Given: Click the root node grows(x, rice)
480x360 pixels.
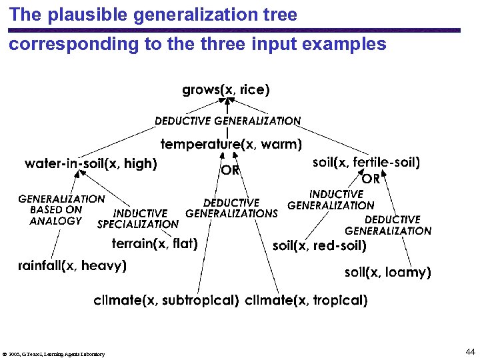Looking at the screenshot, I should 226,89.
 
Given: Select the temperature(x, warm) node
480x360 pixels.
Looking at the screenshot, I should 231,143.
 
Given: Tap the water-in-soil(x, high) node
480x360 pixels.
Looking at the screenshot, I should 91,163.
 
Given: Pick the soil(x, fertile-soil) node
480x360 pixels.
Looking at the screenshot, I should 367,162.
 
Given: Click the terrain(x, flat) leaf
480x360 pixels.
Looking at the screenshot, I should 155,243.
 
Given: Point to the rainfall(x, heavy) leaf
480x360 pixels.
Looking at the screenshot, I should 72,265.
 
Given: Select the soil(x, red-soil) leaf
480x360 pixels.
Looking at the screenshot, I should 319,246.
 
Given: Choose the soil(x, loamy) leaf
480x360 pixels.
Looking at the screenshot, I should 387,272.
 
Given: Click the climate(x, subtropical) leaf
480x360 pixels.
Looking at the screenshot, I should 166,301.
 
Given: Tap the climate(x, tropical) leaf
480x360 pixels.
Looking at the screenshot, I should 306,301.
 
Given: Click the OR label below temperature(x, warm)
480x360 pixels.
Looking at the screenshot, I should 231,170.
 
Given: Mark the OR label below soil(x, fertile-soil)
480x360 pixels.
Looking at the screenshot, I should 371,179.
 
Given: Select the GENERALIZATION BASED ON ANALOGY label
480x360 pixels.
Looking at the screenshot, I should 61,209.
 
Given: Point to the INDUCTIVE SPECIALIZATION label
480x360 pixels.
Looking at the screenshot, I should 138,219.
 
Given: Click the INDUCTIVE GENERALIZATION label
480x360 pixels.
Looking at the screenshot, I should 331,199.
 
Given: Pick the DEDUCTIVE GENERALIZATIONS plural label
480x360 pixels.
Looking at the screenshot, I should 231,208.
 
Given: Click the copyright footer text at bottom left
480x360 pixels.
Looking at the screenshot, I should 54,354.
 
